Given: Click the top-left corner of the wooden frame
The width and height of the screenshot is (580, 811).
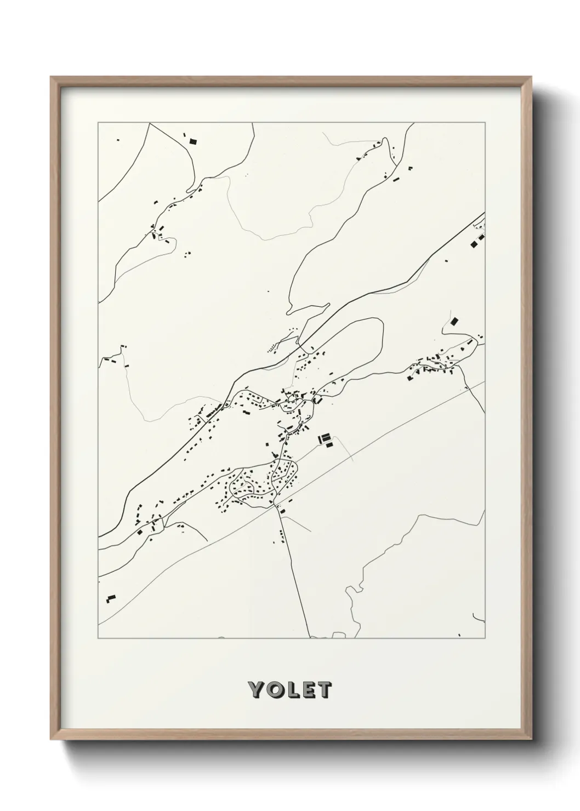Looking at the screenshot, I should [x=51, y=77].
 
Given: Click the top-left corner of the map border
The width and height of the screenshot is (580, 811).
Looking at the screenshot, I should [x=98, y=123].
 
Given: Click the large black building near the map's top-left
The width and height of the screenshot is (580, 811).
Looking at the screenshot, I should [x=192, y=141].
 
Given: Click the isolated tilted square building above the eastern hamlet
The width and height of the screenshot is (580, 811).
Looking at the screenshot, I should [x=453, y=321].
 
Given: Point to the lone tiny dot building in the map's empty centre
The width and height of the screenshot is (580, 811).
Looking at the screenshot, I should [x=268, y=291].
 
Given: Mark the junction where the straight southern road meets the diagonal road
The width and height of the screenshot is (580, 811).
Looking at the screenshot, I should [x=276, y=506].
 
